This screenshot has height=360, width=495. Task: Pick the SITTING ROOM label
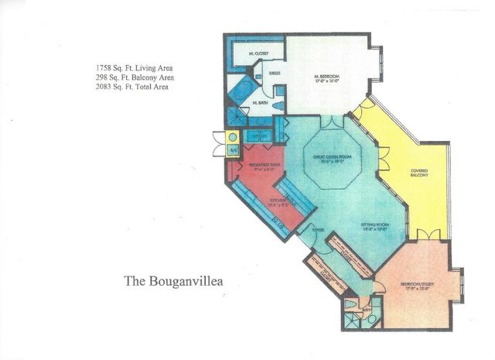tap(375, 227)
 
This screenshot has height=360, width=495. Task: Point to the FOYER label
tap(319, 230)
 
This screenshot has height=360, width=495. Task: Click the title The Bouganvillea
tap(173, 281)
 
